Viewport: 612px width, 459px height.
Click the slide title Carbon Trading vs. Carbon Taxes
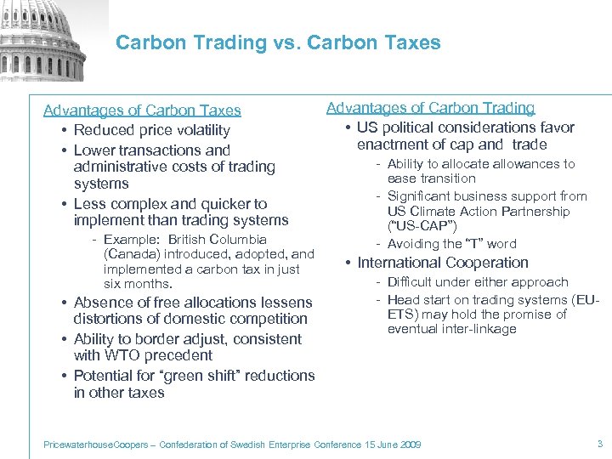[278, 42]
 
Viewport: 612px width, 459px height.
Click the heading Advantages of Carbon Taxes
[142, 110]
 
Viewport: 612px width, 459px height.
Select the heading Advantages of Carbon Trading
[431, 108]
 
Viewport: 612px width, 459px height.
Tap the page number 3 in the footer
[599, 444]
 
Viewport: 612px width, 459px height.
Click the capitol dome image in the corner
[42, 38]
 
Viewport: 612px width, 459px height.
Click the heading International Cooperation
[442, 263]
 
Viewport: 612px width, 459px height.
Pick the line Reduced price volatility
[151, 130]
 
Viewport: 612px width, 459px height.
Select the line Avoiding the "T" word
[451, 244]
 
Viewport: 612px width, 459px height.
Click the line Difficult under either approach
[478, 282]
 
